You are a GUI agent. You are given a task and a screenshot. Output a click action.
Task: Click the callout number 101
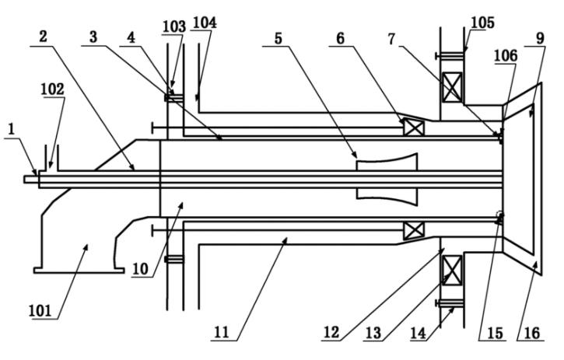(x=40, y=311)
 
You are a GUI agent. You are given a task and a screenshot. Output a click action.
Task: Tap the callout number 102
(x=52, y=89)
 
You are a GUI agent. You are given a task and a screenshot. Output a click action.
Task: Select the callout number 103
(x=174, y=27)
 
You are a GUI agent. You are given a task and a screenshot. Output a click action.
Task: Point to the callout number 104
(x=205, y=23)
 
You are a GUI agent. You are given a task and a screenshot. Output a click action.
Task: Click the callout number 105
(x=483, y=23)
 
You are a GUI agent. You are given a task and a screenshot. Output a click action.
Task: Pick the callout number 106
(x=506, y=56)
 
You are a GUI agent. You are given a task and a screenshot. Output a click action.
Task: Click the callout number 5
(x=278, y=38)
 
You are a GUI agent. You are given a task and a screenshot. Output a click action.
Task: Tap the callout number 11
(x=221, y=332)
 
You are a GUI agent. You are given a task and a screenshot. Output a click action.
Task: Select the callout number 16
(x=532, y=333)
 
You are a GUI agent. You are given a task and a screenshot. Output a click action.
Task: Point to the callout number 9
(x=540, y=38)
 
